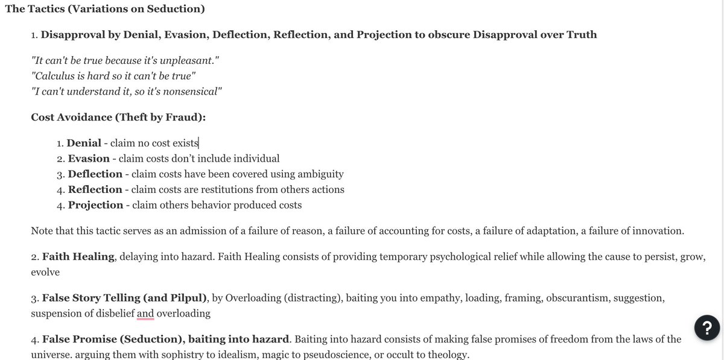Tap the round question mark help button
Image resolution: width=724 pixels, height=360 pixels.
(x=707, y=327)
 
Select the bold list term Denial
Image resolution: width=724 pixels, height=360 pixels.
(x=84, y=143)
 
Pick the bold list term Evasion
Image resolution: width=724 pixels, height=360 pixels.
(x=89, y=159)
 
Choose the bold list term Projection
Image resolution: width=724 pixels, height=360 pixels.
(x=95, y=205)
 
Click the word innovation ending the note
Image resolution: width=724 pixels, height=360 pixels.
(x=656, y=230)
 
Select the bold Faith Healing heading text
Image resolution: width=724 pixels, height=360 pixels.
(x=78, y=256)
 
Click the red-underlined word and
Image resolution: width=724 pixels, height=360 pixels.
(x=145, y=314)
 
